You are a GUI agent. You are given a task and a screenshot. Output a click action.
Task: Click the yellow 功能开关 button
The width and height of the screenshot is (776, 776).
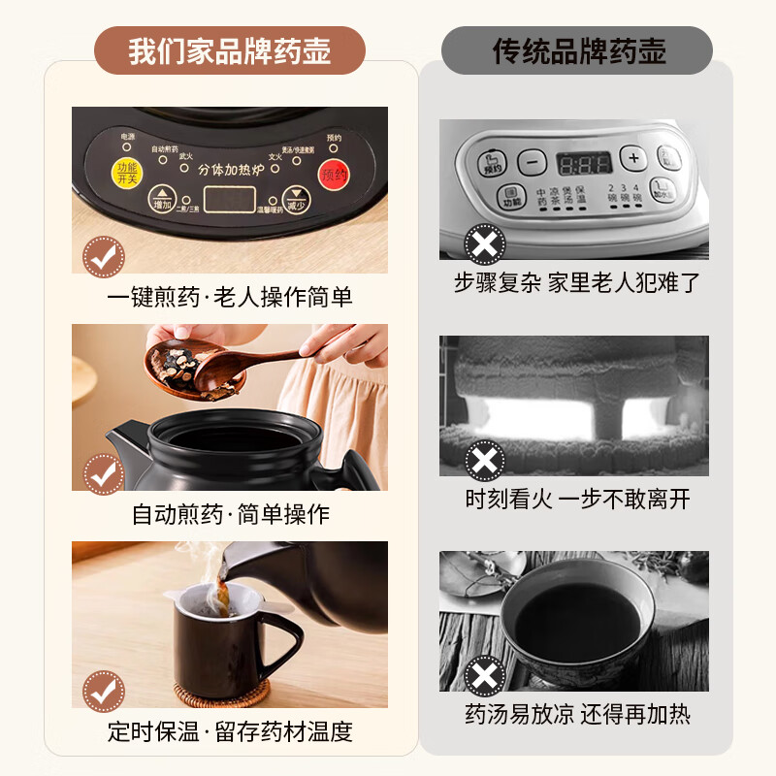(x=127, y=174)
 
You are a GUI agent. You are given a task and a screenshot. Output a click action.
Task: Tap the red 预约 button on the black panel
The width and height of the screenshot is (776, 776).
(x=334, y=175)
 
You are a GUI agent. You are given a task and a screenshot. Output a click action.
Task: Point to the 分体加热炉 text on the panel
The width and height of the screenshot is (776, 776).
(x=230, y=169)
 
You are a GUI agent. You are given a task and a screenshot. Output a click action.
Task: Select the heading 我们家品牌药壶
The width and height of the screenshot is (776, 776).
(x=229, y=50)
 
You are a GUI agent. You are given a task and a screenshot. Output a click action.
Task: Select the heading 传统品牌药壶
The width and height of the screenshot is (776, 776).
(x=578, y=50)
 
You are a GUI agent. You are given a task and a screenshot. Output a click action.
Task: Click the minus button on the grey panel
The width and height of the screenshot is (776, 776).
(x=532, y=160)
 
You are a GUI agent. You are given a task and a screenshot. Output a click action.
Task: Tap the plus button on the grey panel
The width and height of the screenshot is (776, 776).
(x=634, y=158)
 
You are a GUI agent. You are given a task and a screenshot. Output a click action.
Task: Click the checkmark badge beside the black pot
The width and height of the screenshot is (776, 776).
(x=103, y=473)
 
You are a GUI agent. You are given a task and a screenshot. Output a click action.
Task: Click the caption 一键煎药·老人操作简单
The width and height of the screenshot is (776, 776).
(x=229, y=297)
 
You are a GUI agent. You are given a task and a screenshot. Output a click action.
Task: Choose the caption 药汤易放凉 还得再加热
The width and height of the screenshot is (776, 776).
(x=578, y=715)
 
